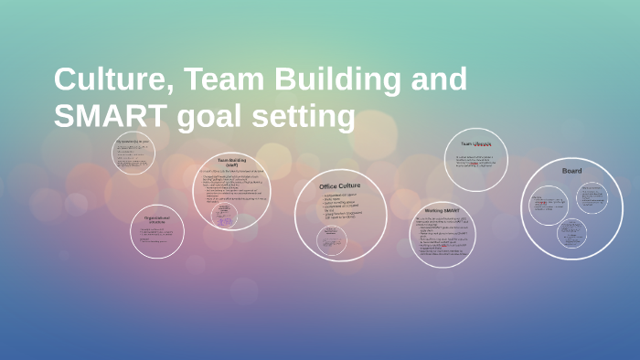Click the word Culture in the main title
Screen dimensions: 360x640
tap(110, 80)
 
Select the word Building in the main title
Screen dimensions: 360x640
tap(335, 80)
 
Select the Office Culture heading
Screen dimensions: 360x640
tap(340, 186)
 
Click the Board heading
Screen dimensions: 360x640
tap(571, 171)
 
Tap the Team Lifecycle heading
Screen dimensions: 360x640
tap(476, 143)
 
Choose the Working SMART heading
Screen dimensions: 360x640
tap(443, 211)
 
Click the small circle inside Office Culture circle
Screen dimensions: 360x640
tap(332, 239)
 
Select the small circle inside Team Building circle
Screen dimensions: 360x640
tap(224, 216)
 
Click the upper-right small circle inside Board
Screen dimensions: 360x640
tap(592, 195)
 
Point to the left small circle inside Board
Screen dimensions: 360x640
tap(549, 206)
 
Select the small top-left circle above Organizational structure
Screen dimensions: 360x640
tap(133, 153)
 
